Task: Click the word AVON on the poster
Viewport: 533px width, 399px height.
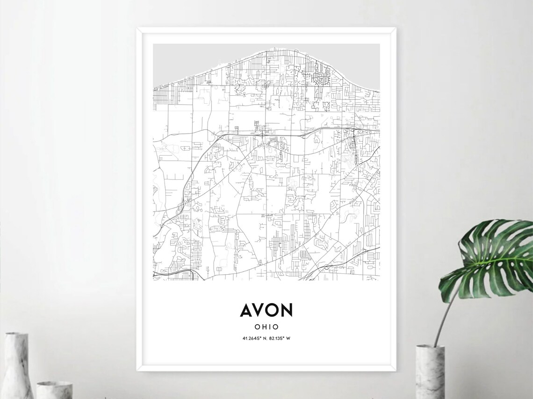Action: coord(266,310)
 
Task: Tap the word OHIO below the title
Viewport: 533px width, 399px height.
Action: coord(266,327)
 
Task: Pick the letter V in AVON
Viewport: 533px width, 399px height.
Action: coord(260,310)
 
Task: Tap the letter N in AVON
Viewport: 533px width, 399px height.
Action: coord(287,310)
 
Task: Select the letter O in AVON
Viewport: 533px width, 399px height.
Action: coord(273,310)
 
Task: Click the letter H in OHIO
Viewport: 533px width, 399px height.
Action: coord(263,327)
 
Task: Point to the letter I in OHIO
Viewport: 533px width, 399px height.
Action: coord(269,327)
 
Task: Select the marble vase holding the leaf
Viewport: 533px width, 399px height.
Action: coord(430,371)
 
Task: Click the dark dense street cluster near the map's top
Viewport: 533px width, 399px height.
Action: coord(321,77)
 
